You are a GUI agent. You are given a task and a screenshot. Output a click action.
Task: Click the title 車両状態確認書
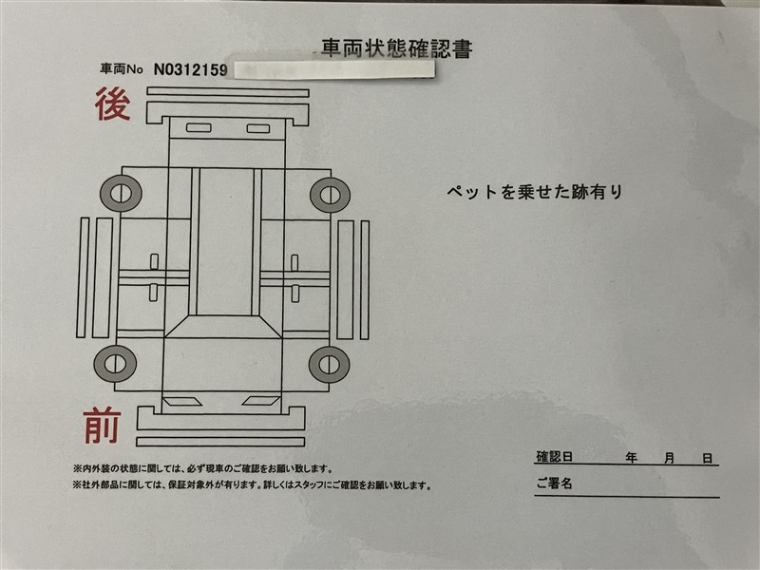[396, 48]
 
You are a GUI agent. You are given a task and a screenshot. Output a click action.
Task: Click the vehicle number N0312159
[191, 69]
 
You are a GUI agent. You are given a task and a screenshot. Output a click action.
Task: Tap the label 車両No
[122, 69]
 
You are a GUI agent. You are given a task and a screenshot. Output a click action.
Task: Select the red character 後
[112, 104]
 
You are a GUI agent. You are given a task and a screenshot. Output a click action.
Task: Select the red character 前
[102, 425]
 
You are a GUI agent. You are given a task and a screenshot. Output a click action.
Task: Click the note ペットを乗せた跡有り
[534, 192]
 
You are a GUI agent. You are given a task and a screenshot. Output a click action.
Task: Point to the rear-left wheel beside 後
[122, 194]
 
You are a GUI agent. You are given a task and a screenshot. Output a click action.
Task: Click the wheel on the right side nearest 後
[330, 195]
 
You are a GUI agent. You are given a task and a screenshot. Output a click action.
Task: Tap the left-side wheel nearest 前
[115, 364]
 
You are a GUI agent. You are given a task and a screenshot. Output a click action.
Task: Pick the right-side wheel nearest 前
[329, 365]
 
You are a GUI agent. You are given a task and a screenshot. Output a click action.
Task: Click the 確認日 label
[555, 457]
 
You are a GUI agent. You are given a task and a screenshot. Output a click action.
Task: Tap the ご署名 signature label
[555, 483]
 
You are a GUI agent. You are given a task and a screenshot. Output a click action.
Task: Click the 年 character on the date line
[631, 458]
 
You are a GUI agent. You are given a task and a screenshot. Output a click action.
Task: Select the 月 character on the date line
[670, 458]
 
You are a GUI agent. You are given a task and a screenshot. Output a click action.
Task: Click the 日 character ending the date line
[708, 458]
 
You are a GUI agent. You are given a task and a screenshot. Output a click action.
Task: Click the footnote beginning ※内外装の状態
[203, 468]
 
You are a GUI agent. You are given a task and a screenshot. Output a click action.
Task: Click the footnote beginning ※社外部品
[252, 484]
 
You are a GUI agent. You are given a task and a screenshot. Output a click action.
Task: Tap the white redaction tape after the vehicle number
[334, 69]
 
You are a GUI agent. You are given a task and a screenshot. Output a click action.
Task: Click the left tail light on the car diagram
[199, 128]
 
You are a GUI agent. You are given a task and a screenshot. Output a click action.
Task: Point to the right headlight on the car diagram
[260, 401]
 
